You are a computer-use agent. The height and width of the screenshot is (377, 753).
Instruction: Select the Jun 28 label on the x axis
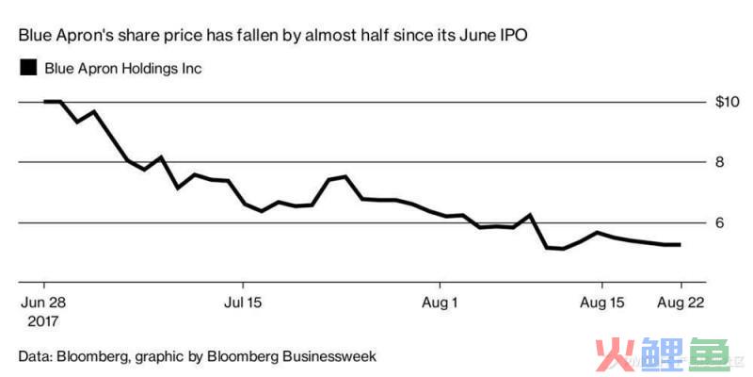[43, 303]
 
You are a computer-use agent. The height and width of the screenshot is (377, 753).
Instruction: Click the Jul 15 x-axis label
[243, 303]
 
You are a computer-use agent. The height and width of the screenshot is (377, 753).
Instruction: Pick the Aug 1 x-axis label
[440, 303]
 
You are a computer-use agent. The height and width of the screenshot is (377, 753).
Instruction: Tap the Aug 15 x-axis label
[601, 303]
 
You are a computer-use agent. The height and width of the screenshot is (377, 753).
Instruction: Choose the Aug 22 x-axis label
[680, 303]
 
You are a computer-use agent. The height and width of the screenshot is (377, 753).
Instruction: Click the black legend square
[28, 68]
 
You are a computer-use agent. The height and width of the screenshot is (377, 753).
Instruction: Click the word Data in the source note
[36, 356]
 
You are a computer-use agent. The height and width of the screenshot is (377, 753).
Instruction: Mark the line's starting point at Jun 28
[44, 101]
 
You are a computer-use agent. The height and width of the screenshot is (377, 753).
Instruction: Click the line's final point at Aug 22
[680, 245]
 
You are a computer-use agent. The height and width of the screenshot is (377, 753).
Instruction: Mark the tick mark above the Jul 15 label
[243, 285]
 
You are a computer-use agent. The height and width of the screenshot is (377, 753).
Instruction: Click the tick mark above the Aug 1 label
[440, 285]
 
